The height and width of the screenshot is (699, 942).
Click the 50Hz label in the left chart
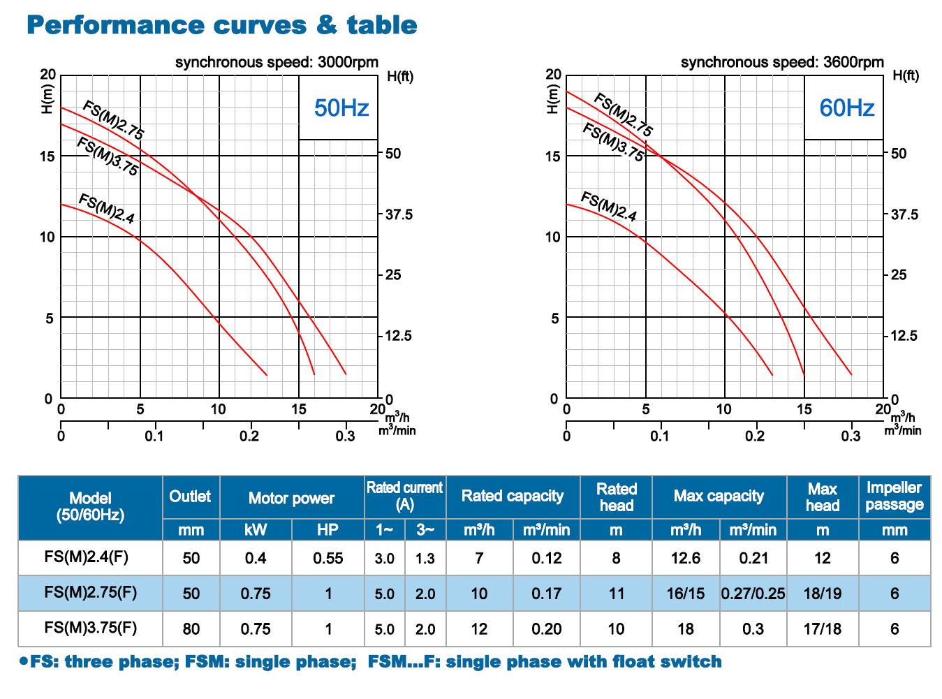tap(341, 108)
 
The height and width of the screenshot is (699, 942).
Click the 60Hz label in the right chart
tap(846, 108)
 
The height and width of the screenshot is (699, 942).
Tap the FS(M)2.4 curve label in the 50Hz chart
tap(106, 208)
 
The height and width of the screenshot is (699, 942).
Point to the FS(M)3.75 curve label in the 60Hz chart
tap(613, 142)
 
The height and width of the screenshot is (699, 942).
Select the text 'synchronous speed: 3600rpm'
tap(782, 62)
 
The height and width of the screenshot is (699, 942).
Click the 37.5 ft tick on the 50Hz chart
tap(399, 215)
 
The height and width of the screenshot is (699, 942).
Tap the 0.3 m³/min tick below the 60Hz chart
tap(851, 436)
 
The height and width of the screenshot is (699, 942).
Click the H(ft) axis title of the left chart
tap(400, 77)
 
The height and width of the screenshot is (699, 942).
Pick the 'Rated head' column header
tap(616, 497)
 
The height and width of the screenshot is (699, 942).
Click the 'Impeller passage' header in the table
tap(894, 496)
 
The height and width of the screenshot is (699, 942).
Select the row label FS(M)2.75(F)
tap(90, 593)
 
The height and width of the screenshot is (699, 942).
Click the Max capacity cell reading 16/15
tap(685, 594)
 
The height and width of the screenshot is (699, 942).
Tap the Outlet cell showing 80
tap(191, 629)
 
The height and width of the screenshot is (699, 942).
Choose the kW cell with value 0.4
tap(256, 558)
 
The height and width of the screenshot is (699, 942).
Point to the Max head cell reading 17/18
tap(822, 629)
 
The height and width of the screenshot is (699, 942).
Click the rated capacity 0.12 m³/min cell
tap(546, 558)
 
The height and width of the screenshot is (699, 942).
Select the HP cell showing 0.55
tap(328, 558)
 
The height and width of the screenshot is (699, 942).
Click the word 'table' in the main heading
tap(382, 25)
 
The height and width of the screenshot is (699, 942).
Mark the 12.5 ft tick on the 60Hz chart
tap(904, 336)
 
